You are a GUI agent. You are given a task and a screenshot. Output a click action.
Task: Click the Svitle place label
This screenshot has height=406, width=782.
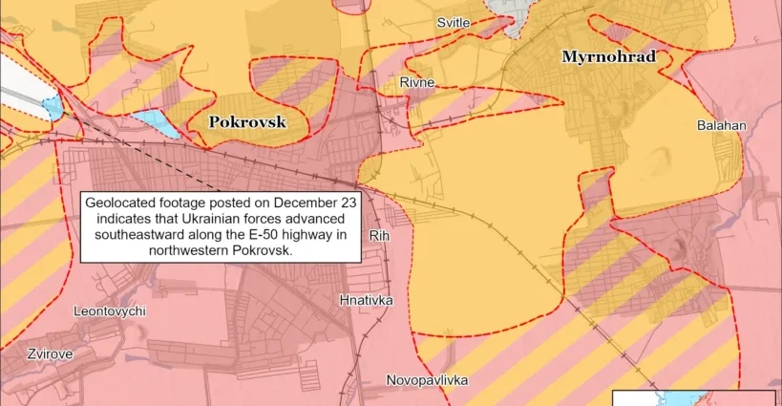[453, 22]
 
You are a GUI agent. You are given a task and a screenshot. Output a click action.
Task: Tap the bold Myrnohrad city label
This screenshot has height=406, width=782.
[608, 57]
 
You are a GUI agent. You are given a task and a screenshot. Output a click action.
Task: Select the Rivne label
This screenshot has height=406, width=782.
[417, 82]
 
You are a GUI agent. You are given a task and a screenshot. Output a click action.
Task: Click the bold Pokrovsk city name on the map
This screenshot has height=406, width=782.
[247, 122]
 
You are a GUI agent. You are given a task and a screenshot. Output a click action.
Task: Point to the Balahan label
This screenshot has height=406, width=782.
[721, 125]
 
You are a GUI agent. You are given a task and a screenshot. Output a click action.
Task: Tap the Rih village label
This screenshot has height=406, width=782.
[379, 234]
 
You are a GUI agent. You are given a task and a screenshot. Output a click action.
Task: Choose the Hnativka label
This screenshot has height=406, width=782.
[366, 300]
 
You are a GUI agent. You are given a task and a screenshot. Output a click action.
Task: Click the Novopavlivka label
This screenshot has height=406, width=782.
[427, 380]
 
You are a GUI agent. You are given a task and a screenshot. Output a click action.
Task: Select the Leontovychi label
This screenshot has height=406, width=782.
[110, 311]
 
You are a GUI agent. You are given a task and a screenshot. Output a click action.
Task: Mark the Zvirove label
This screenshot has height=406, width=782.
[36, 353]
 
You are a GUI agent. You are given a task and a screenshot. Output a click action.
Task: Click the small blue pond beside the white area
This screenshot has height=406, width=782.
[53, 107]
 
